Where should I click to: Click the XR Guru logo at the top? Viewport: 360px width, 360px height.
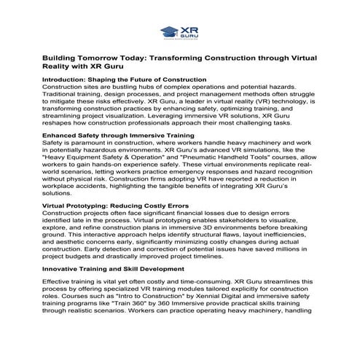179,31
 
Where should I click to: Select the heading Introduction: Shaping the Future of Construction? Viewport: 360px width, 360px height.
124,79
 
